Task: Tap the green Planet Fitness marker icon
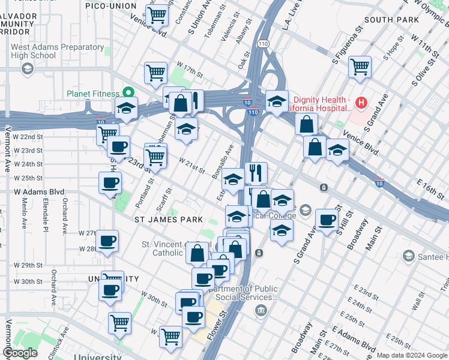(127, 92)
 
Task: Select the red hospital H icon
(361, 103)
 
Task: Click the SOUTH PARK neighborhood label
(390, 20)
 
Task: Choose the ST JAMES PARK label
(168, 220)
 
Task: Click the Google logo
(20, 353)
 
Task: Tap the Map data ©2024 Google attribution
(412, 355)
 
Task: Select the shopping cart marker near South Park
(360, 67)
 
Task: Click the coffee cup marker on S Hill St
(327, 220)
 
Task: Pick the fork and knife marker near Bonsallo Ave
(256, 173)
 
